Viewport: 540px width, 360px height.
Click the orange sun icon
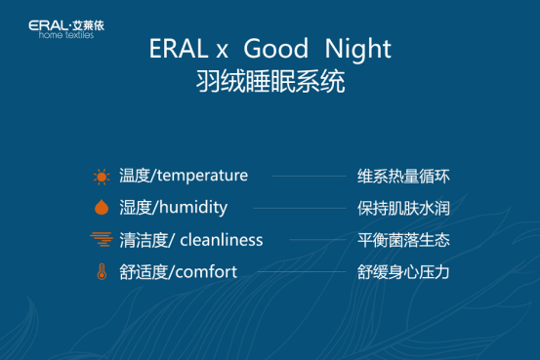(101, 177)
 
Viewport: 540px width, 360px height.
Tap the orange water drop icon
(101, 208)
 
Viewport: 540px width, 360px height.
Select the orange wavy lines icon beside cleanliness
(101, 240)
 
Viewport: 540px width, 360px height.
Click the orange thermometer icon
(101, 272)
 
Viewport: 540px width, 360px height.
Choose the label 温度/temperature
(184, 176)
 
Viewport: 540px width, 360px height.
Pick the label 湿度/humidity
(173, 208)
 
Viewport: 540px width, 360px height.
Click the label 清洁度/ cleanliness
(190, 240)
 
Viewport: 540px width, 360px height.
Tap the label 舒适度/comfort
(178, 272)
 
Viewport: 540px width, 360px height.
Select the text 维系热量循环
(403, 177)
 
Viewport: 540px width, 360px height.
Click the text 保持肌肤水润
(403, 209)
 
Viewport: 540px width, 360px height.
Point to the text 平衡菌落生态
(403, 240)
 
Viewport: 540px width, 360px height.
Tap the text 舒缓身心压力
(403, 272)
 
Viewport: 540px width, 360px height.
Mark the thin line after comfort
(303, 272)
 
